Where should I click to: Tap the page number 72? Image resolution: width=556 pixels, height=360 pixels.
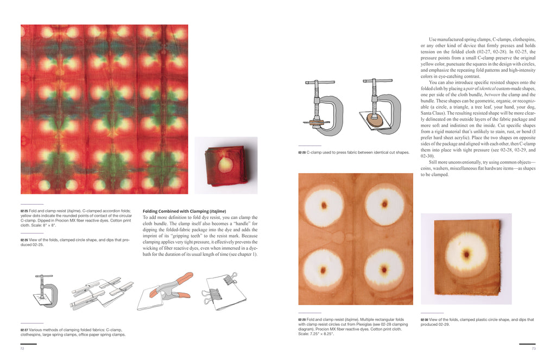22,348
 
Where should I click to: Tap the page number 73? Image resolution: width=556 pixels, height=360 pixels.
534,348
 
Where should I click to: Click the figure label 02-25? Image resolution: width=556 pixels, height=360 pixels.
24,211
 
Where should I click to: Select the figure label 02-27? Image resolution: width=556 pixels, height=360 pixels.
24,330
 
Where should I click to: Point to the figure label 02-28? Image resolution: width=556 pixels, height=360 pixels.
302,153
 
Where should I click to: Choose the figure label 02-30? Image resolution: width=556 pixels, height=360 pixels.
425,320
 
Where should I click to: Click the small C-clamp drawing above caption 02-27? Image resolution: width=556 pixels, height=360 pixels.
46,291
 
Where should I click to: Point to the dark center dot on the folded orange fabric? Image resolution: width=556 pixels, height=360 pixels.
466,254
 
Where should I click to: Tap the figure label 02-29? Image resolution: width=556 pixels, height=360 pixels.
302,320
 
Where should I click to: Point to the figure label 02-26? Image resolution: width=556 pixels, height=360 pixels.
24,240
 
